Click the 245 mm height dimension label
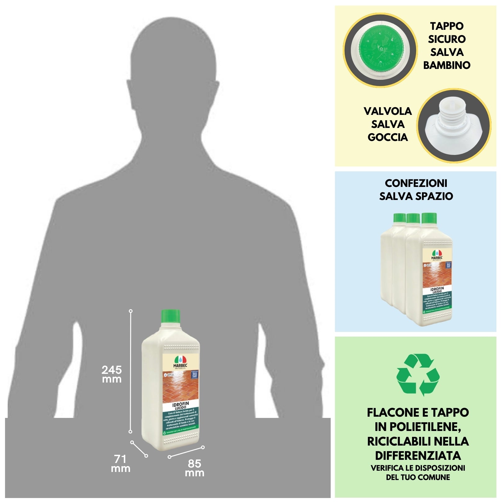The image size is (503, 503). pos(112,374)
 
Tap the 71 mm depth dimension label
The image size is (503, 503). pos(120,464)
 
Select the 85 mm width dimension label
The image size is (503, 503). pos(195,468)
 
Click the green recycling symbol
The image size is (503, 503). pos(418,375)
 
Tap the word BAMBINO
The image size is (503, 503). pos(446,65)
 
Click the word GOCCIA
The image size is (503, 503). pos(387,137)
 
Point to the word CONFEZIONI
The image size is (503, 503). pos(416,183)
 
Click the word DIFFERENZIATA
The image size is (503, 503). pos(418,455)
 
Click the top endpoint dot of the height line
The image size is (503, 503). pos(131,311)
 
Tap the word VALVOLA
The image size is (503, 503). pos(387,111)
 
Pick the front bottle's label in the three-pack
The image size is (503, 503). pos(437,279)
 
